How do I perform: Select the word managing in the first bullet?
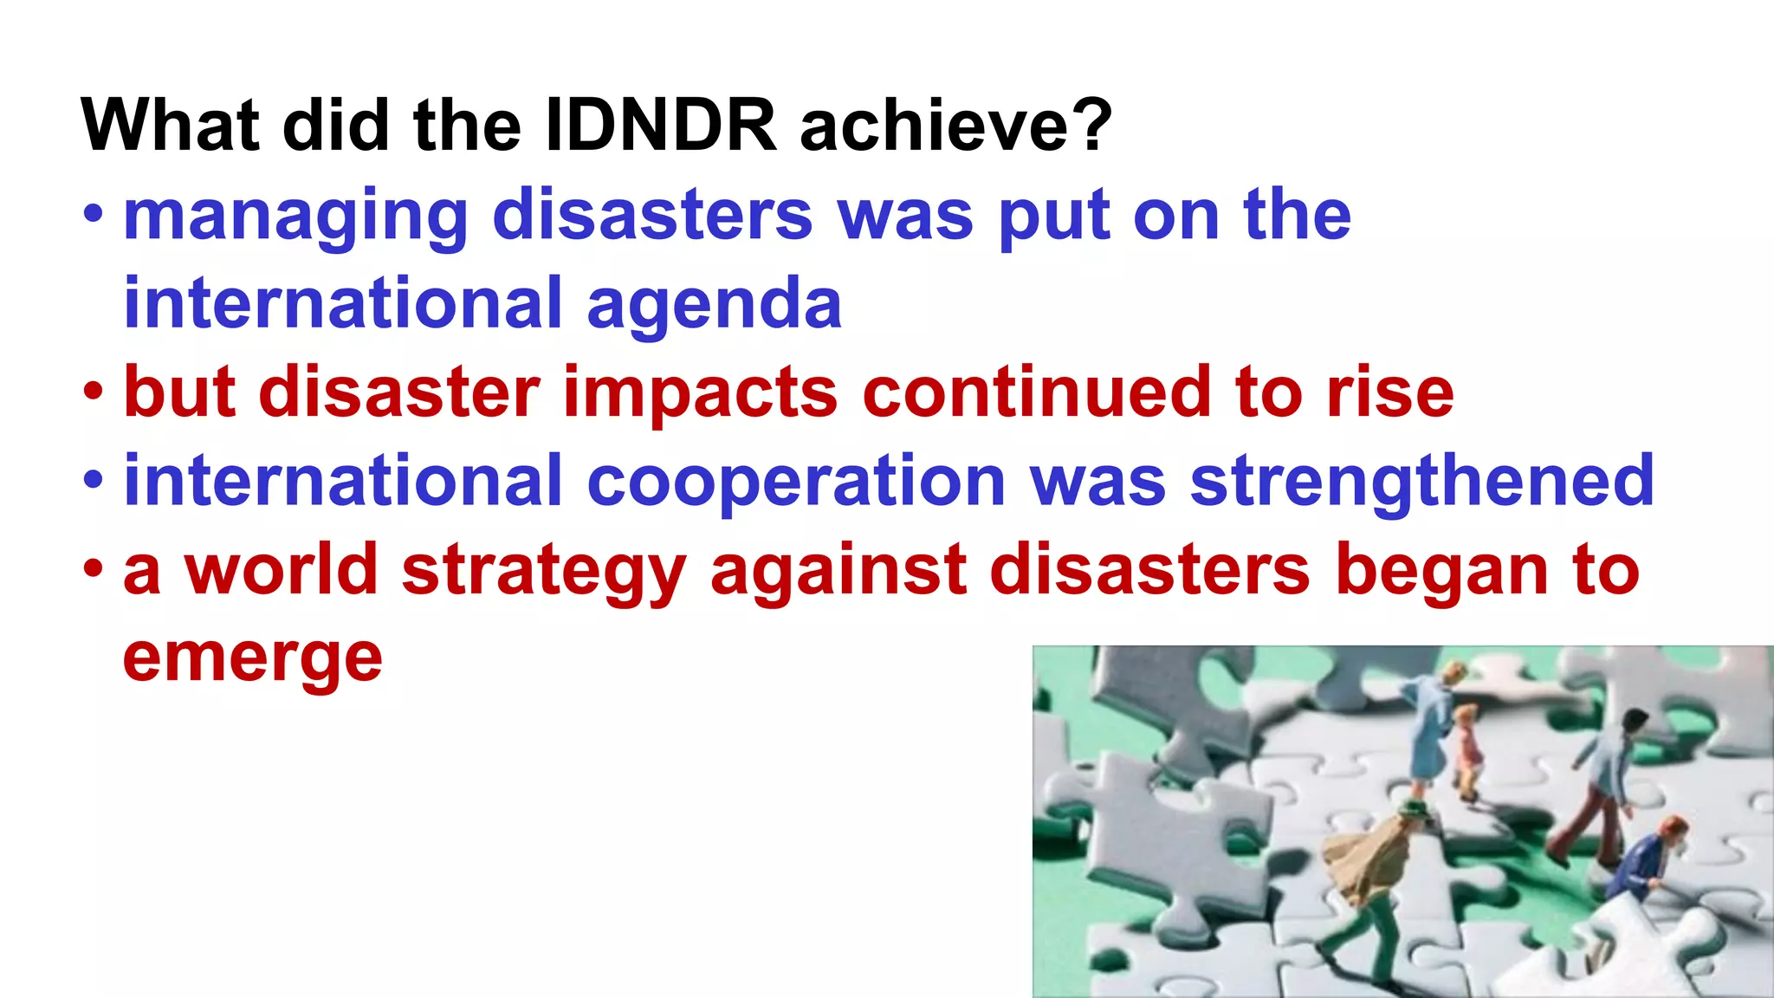point(295,217)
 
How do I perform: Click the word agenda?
point(714,305)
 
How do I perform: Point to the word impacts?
point(700,394)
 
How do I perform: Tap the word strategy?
point(544,572)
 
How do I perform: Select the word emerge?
point(252,660)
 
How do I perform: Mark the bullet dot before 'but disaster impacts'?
point(94,392)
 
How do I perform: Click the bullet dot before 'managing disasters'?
point(94,215)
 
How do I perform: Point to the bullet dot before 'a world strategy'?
point(94,570)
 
